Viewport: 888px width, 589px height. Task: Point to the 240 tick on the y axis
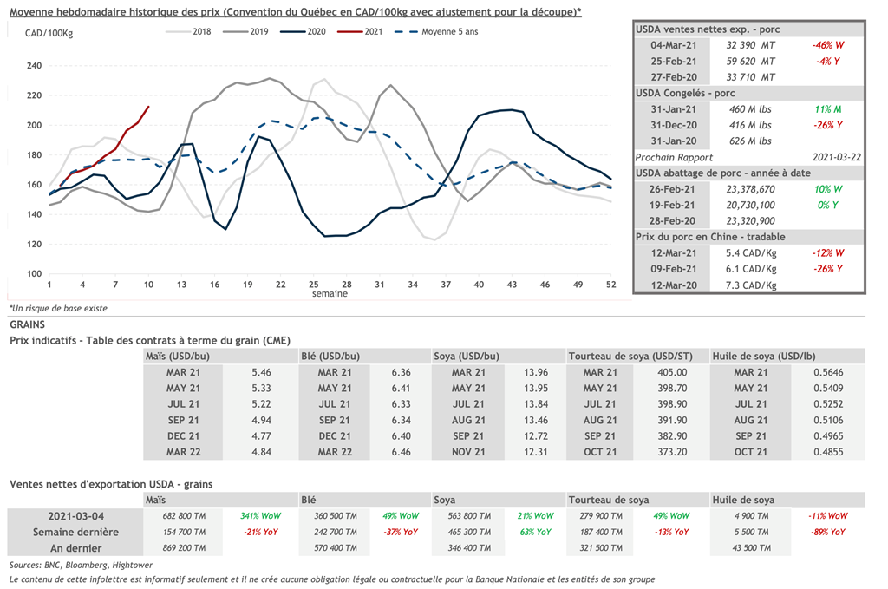tap(35, 66)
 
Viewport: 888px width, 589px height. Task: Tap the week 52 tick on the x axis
tap(611, 285)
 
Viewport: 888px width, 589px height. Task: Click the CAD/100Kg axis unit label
tap(48, 33)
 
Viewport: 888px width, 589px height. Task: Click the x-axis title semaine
tap(330, 294)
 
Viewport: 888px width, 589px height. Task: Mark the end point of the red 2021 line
tap(148, 107)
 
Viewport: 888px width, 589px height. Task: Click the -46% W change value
tap(827, 45)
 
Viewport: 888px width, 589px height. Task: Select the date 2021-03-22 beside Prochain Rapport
tap(828, 158)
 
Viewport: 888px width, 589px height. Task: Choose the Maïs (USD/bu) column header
tap(178, 356)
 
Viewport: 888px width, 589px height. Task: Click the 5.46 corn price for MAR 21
tap(262, 372)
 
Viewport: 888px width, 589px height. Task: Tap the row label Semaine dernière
tap(75, 532)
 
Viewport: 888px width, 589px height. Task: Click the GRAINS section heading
tap(28, 324)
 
